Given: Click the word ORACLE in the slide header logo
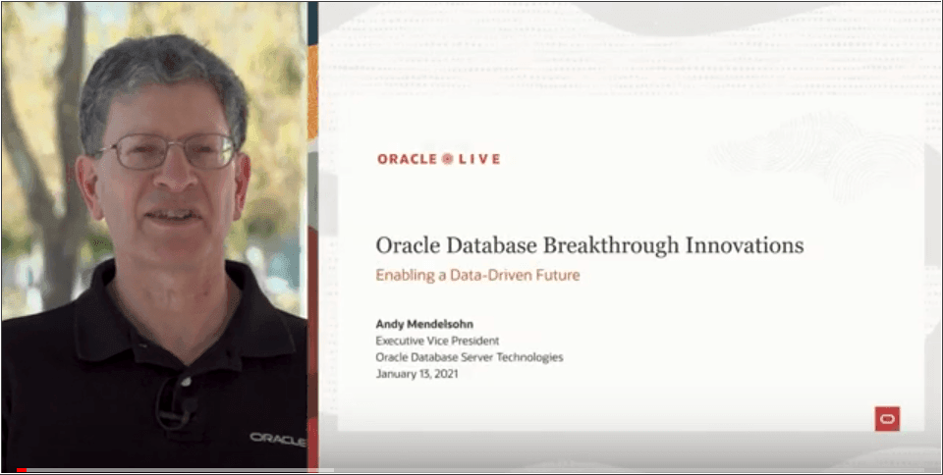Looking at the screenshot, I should [x=407, y=158].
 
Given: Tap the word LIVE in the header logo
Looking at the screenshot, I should [x=479, y=158].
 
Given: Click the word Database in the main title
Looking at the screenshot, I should [x=486, y=245].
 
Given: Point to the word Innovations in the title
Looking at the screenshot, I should [x=748, y=245].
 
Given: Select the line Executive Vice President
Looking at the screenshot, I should [x=439, y=341].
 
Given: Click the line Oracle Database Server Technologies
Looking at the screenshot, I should [x=470, y=357].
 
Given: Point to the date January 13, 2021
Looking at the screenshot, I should [x=418, y=374].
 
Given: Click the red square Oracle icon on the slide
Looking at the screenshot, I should [x=887, y=419].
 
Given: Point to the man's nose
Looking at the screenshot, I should [x=173, y=177].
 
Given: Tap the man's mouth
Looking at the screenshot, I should [x=172, y=213].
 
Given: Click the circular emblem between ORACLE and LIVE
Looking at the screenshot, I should [x=448, y=158].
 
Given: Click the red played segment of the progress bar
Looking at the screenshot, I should [x=22, y=470].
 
